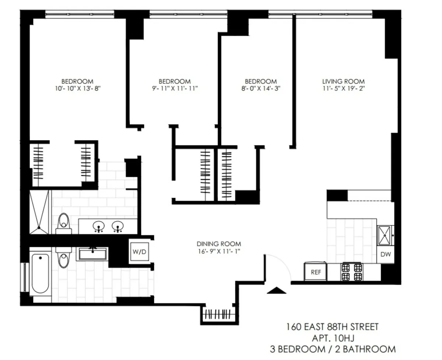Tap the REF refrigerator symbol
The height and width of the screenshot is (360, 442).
[315, 272]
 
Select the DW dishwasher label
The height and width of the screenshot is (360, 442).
[385, 254]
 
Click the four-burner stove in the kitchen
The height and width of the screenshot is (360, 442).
[352, 272]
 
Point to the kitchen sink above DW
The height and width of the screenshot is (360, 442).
[385, 234]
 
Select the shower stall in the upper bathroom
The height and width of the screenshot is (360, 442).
[39, 212]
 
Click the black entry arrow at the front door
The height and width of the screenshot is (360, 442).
[276, 290]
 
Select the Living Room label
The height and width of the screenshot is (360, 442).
[343, 81]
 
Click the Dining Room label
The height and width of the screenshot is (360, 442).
[219, 244]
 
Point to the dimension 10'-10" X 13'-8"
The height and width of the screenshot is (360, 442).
[77, 88]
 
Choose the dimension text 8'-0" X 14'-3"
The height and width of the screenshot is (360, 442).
[261, 88]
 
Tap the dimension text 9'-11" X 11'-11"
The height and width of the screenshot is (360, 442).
[175, 88]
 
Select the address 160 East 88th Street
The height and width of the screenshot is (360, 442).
[333, 327]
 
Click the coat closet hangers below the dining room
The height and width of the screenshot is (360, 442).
[219, 315]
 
